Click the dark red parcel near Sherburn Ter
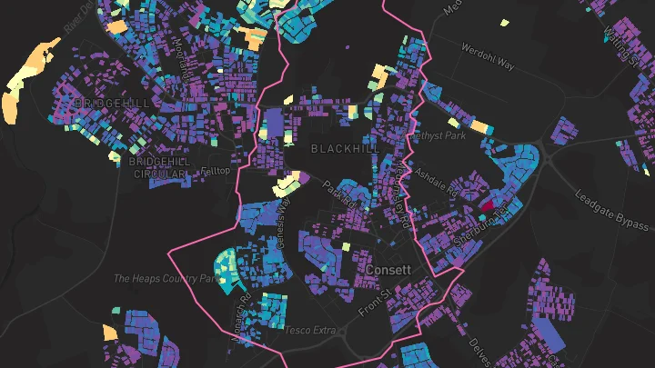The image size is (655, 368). click(x=486, y=206)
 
